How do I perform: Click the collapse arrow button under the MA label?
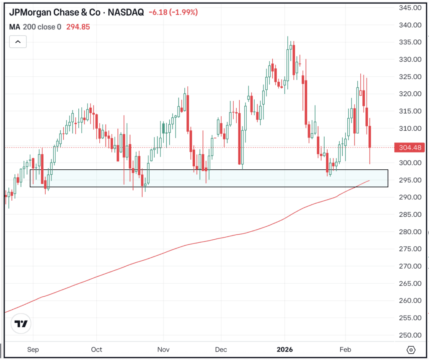pyautogui.click(x=18, y=41)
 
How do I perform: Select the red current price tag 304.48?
pyautogui.click(x=411, y=147)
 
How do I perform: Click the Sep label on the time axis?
pyautogui.click(x=34, y=350)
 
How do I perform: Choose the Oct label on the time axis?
pyautogui.click(x=96, y=350)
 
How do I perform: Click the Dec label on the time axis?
pyautogui.click(x=221, y=350)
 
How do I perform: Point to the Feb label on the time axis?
pyautogui.click(x=346, y=350)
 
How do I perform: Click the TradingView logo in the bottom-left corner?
pyautogui.click(x=21, y=324)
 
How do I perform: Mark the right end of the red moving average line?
pyautogui.click(x=369, y=181)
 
